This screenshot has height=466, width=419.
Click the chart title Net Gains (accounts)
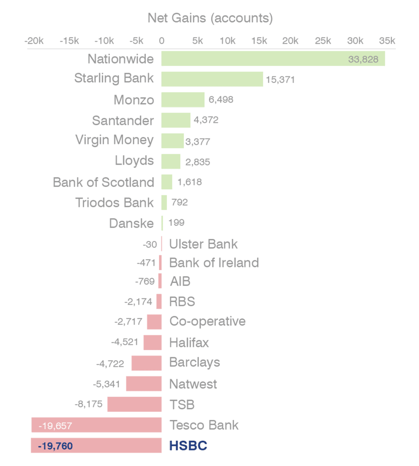210,18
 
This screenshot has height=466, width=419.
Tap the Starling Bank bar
212,79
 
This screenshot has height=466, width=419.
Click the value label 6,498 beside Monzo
221,100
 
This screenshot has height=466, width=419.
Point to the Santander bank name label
123,120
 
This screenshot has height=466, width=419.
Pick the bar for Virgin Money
172,141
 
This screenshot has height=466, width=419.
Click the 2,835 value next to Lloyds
198,162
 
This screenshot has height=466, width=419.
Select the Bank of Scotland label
103,182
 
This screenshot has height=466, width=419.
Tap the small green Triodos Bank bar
164,203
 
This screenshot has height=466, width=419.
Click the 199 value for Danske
176,223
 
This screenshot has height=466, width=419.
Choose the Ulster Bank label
203,244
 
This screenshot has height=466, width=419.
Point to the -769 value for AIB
145,281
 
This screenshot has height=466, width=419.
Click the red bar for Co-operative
154,322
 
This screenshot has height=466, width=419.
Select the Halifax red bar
153,343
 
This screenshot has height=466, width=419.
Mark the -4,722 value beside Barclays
110,364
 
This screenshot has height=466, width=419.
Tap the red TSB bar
134,404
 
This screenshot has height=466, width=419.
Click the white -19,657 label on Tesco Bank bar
55,426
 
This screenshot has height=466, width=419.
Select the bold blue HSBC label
188,446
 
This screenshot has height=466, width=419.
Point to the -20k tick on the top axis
34,41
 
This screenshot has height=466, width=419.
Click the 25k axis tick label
323,41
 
